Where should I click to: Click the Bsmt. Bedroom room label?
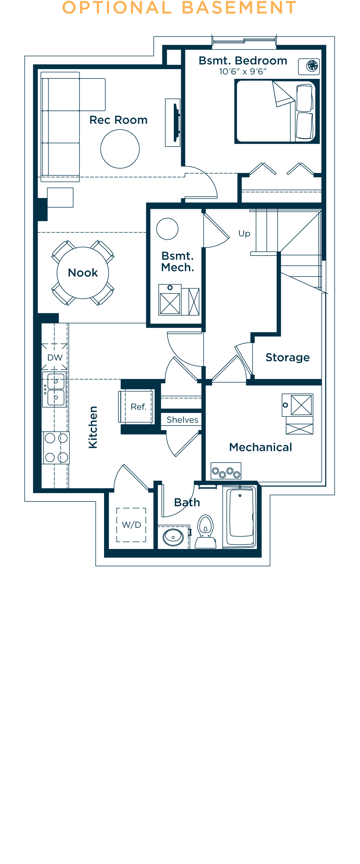[243, 60]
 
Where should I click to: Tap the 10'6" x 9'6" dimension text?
[243, 72]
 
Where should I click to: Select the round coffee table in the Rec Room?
[120, 149]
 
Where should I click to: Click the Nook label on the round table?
[83, 273]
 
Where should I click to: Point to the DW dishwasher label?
[55, 357]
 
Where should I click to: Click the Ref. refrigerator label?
[138, 407]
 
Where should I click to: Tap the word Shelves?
[182, 420]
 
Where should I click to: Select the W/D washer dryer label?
[131, 525]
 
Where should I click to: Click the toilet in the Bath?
[206, 531]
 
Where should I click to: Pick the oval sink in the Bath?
[173, 537]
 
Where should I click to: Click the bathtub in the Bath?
[240, 517]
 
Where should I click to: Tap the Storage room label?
[287, 357]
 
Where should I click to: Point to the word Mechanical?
[261, 447]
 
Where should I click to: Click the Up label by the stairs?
[244, 234]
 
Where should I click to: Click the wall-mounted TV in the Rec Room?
[176, 122]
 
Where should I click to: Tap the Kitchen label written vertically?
[93, 427]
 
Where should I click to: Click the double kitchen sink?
[55, 390]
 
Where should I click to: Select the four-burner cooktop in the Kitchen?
[56, 448]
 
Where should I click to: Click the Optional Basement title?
[179, 8]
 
